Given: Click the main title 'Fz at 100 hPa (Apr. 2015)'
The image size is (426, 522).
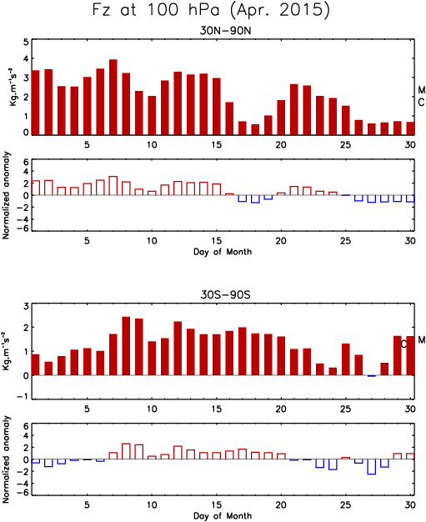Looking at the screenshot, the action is (211, 10).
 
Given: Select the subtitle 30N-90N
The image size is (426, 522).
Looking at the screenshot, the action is (225, 31).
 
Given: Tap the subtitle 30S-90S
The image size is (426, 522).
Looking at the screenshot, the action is (225, 295).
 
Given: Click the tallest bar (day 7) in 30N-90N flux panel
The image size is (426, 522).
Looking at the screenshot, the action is (113, 98).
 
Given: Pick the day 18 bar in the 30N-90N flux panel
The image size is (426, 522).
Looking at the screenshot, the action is (255, 129).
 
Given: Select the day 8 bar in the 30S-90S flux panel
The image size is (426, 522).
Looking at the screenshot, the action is (126, 346).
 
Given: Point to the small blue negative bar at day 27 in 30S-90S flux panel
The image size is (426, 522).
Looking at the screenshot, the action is (372, 376).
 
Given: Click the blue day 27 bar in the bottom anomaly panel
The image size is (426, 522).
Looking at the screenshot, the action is (372, 467).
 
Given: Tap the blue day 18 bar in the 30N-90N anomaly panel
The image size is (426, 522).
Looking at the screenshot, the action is (255, 199).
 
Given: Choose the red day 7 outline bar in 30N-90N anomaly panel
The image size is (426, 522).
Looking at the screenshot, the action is (113, 186).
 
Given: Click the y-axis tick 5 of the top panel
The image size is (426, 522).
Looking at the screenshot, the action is (26, 42).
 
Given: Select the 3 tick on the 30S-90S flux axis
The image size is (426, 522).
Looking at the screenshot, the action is (26, 306).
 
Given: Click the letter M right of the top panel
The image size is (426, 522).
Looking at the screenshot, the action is (422, 90).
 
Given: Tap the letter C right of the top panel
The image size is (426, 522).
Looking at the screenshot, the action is (422, 103).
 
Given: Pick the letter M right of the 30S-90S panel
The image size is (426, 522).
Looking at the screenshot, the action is (422, 339).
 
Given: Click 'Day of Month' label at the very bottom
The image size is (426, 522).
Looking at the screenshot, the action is (223, 516).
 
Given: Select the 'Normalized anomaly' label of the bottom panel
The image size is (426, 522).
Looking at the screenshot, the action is (7, 459).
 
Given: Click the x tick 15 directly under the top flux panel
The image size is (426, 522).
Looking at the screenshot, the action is (217, 145).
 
